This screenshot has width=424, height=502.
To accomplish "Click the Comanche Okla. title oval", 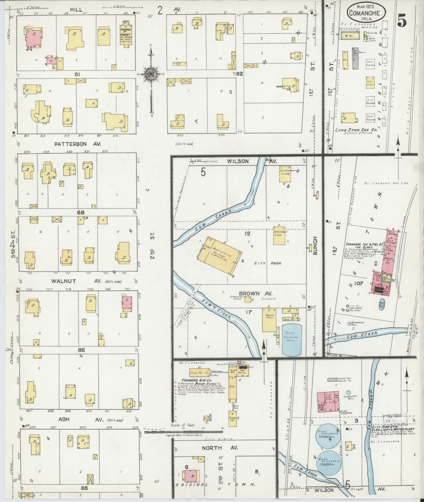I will pyautogui.click(x=366, y=13).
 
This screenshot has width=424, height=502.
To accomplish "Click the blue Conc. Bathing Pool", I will pyautogui.click(x=292, y=340).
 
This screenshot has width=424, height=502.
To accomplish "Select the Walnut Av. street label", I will pyautogui.click(x=64, y=281).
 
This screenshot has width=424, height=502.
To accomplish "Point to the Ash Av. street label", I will pyautogui.click(x=64, y=419).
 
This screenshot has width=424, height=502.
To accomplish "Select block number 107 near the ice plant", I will pyautogui.click(x=359, y=283).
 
